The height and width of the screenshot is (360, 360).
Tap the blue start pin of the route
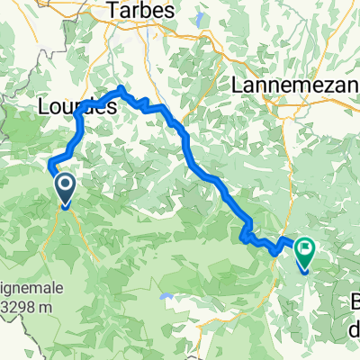pos(66,189)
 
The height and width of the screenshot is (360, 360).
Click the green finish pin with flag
pos(303,251)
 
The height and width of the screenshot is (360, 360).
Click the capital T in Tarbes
pos(113,10)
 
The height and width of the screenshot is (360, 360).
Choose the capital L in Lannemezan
pos(237,84)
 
